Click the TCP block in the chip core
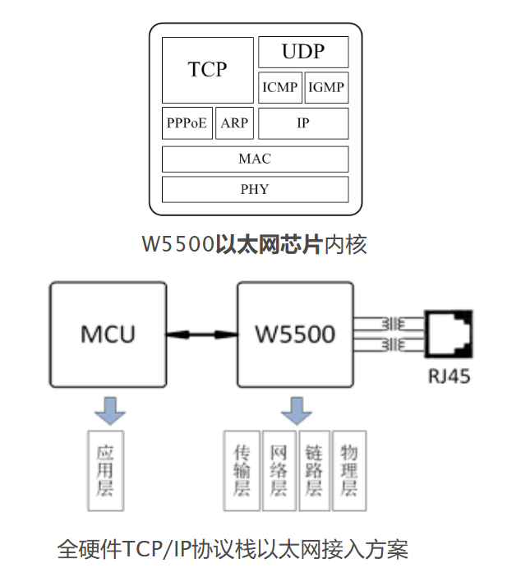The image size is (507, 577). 207,69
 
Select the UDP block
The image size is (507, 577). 303,52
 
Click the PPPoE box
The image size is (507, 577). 187,123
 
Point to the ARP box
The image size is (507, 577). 234,123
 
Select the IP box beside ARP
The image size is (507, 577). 303,123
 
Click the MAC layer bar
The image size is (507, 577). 255,159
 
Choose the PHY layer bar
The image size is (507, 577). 255,189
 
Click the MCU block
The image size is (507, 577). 108,335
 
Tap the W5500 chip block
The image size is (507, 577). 294,335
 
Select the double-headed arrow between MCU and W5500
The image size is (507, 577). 201,335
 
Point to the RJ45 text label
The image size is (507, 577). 449,379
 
